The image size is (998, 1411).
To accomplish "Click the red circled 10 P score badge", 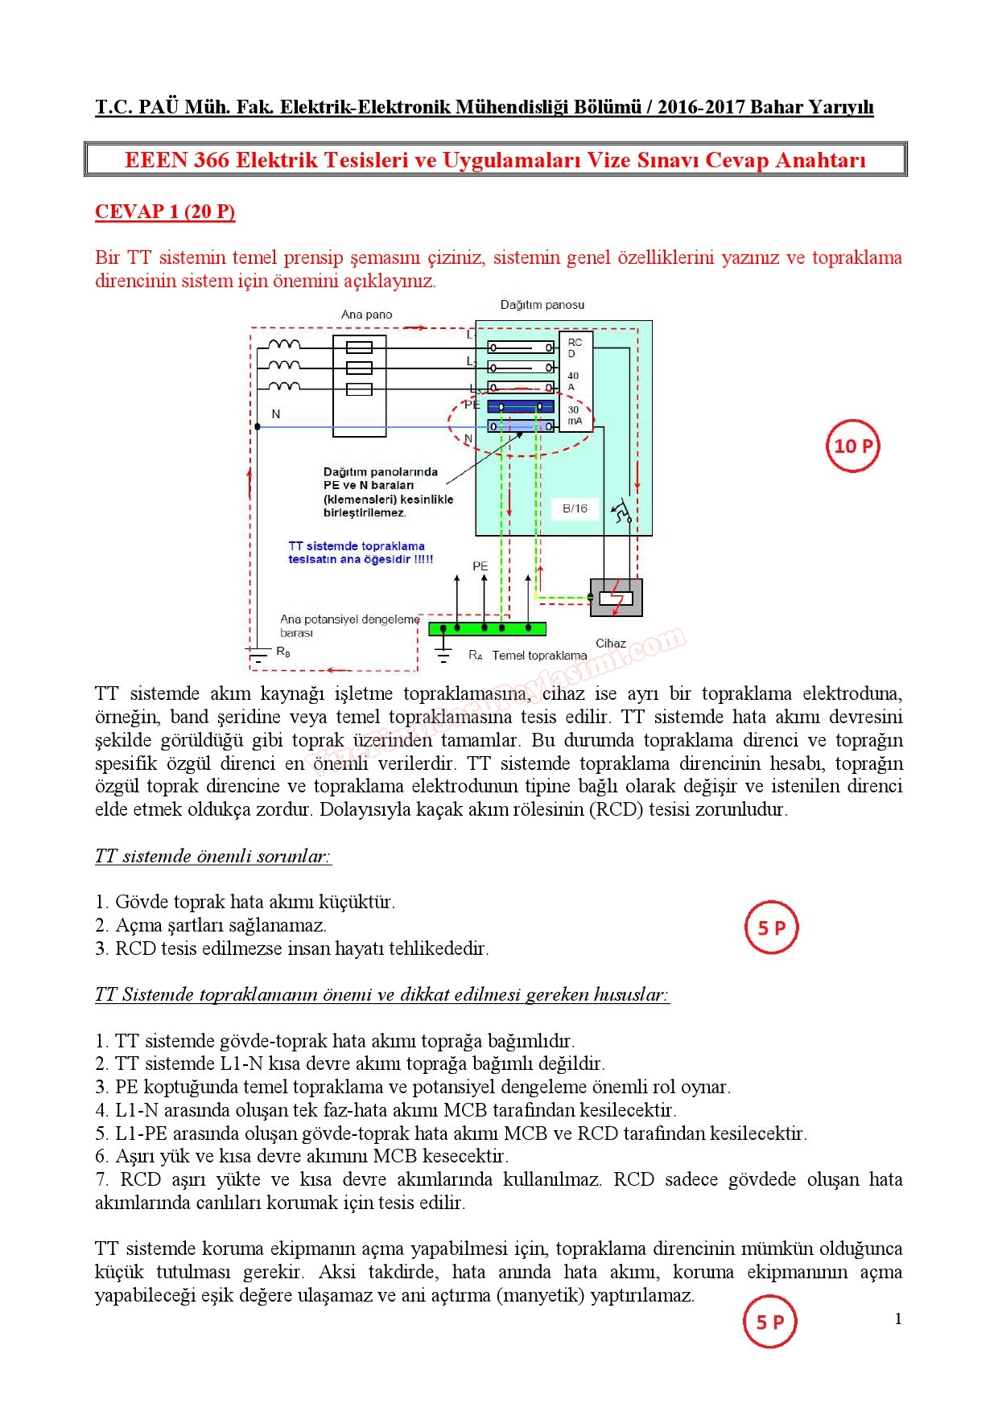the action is (x=852, y=446).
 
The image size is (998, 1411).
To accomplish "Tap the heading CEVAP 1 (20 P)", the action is (x=165, y=212).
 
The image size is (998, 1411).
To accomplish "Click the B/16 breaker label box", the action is (x=575, y=508).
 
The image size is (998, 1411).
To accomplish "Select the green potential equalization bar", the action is (x=487, y=628).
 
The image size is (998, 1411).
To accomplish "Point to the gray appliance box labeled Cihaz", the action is (x=617, y=598).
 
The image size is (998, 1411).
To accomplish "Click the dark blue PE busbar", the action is (x=521, y=406).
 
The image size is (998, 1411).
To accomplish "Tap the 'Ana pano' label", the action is (x=366, y=315).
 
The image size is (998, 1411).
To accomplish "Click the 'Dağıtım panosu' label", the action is (x=542, y=305).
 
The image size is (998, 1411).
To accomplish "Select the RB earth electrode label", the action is (x=283, y=652).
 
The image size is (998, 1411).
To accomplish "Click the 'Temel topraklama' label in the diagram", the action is (x=539, y=656).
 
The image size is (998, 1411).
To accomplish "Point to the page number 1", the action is (x=898, y=1318).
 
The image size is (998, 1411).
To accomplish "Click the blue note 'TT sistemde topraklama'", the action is (x=357, y=546).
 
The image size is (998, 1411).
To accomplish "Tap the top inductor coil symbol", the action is (x=284, y=345).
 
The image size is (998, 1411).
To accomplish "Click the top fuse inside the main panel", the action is (x=359, y=348).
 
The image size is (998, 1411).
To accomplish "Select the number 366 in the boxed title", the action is (x=212, y=159).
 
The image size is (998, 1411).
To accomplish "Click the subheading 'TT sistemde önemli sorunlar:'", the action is (x=213, y=856).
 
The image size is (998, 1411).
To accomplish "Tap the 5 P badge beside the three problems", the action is (x=772, y=928).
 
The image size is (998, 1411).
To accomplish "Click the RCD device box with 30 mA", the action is (x=575, y=381).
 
